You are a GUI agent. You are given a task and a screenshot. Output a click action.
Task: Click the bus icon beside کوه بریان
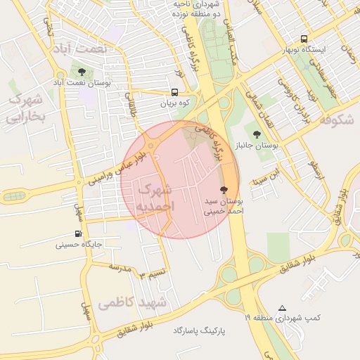pyautogui.click(x=174, y=91)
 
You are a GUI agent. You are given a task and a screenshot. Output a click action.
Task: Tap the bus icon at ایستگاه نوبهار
pyautogui.click(x=304, y=39)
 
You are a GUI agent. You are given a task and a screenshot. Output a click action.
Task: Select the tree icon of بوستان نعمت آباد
pyautogui.click(x=82, y=72)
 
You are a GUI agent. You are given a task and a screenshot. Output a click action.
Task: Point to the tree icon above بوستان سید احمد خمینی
pyautogui.click(x=224, y=190)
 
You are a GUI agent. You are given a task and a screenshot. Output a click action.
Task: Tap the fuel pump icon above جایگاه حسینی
pyautogui.click(x=78, y=234)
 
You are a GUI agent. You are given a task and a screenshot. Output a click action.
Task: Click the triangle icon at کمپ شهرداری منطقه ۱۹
pyautogui.click(x=283, y=308)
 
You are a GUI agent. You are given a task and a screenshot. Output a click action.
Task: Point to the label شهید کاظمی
pyautogui.click(x=132, y=303)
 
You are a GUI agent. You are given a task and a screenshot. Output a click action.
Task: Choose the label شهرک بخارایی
pyautogui.click(x=25, y=109)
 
